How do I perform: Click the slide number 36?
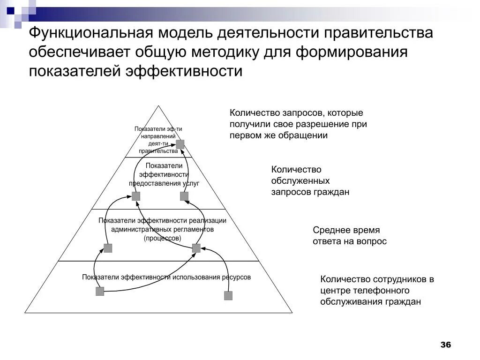click(x=445, y=345)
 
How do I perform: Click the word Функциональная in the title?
click(x=89, y=34)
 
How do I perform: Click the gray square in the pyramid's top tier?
click(x=180, y=144)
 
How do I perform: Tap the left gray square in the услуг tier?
click(x=136, y=196)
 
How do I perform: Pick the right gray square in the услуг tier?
click(x=184, y=196)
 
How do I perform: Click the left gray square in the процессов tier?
click(x=108, y=248)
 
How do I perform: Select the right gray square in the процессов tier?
click(x=196, y=248)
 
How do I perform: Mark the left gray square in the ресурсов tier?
click(x=100, y=292)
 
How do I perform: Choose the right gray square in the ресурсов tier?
click(x=228, y=295)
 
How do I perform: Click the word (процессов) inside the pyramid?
click(x=162, y=238)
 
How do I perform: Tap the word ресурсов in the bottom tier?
click(x=235, y=277)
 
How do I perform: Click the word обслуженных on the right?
click(x=300, y=181)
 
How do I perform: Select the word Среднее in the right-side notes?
click(x=330, y=230)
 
